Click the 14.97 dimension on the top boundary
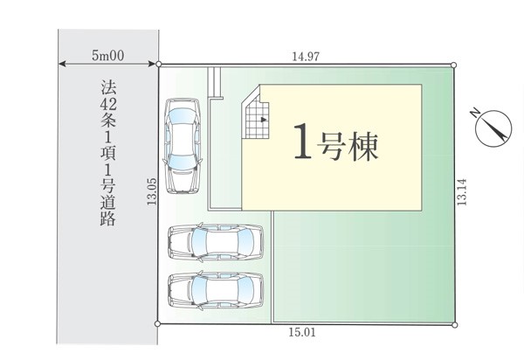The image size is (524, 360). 306,57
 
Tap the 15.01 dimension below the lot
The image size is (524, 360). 302,332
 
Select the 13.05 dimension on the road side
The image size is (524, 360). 152,191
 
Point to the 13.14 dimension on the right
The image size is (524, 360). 462,192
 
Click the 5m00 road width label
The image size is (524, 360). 108,56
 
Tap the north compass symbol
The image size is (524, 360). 494,128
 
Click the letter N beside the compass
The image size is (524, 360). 475,113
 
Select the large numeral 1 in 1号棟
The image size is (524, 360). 302,141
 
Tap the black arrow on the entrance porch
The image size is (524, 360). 264,119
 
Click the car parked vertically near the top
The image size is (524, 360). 183,146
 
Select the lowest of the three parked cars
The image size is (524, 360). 216,290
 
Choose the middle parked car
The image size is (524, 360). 216,243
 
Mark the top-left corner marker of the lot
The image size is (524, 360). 159,64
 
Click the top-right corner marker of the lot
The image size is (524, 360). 453,65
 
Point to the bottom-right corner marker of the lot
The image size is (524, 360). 454,324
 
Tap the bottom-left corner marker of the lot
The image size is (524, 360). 158,323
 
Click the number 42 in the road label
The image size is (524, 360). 108,105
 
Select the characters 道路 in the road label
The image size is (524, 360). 108,211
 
